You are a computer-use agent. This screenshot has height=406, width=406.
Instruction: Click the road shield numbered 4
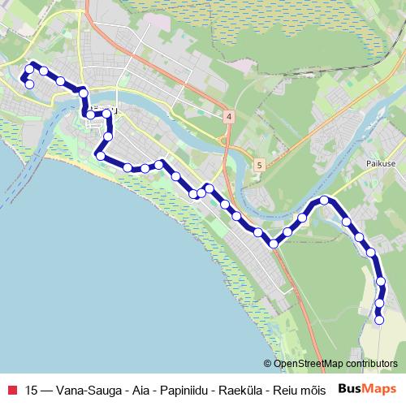[x=230, y=117]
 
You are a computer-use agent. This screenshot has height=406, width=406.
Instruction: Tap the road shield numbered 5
[x=258, y=165]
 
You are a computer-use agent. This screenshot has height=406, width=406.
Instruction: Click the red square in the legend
[x=11, y=389]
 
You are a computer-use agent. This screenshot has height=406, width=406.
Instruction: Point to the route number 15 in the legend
[x=32, y=389]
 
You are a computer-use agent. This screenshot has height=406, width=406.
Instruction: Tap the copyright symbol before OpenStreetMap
[x=268, y=365]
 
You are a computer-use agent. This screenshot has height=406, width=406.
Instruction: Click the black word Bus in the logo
[x=348, y=388]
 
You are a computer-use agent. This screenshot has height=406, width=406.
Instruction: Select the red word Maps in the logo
[x=378, y=388]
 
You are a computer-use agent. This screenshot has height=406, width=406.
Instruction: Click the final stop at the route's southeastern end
[x=379, y=320]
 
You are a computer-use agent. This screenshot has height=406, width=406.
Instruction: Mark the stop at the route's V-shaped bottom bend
[x=274, y=243]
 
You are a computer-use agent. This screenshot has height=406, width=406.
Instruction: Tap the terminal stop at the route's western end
[x=29, y=84]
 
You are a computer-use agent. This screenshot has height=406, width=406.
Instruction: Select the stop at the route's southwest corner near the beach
[x=100, y=155]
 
